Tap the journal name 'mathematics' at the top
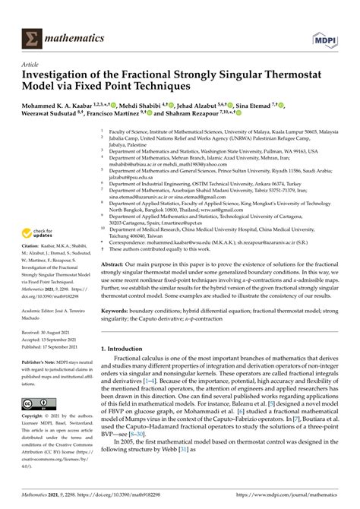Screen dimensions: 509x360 (x=74, y=35)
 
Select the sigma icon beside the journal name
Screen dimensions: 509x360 (x=34, y=35)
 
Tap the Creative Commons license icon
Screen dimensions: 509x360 (x=36, y=403)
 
